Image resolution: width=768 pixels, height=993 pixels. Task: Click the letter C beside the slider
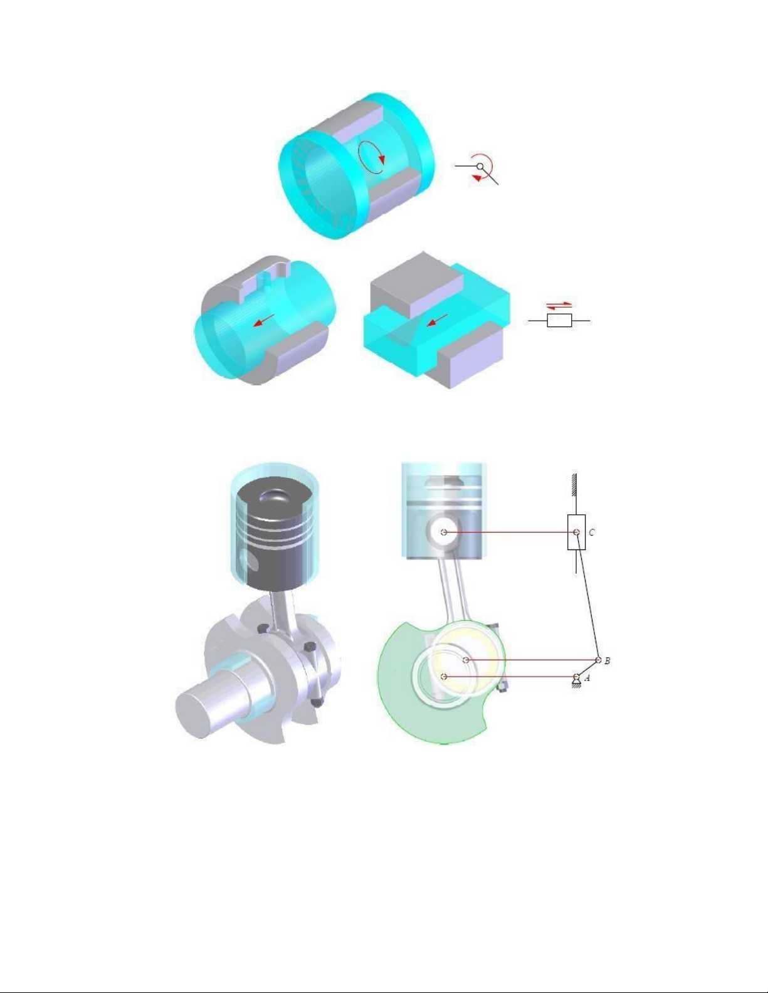592,533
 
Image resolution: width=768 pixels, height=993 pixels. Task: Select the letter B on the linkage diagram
607,661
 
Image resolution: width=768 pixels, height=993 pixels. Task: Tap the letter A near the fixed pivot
587,678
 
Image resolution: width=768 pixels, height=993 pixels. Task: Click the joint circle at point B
598,660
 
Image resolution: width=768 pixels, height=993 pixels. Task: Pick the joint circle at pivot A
577,677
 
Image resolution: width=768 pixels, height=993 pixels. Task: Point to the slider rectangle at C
576,532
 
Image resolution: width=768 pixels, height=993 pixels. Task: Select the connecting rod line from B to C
588,596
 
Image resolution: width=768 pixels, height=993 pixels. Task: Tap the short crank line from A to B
588,668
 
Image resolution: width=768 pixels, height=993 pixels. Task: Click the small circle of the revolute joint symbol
480,167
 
